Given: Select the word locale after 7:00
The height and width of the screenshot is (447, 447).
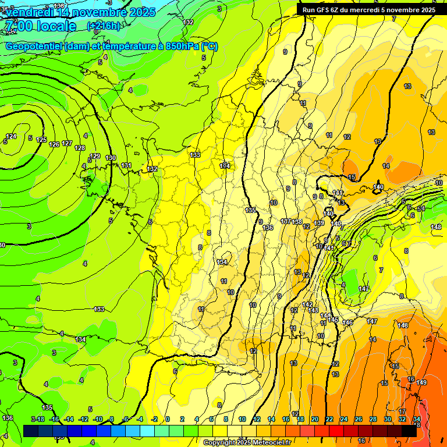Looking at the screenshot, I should coord(55,26).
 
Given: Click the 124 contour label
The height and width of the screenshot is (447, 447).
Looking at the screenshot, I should coord(11,137).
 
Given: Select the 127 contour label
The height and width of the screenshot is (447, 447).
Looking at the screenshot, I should coord(67,143).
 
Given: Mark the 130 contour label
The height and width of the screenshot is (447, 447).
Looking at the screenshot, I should coord(111,158).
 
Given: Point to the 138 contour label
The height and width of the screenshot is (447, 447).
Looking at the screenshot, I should coord(297,222).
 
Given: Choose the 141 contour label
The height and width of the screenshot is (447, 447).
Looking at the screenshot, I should coord(338,193).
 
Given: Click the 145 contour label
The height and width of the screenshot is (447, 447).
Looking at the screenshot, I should coord(333,320).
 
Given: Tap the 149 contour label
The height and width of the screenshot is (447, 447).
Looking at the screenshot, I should coord(422,382).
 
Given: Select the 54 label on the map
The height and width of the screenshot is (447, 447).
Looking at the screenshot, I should coord(421,208).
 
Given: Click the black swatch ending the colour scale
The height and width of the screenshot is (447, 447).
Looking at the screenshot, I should coord(409,430).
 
